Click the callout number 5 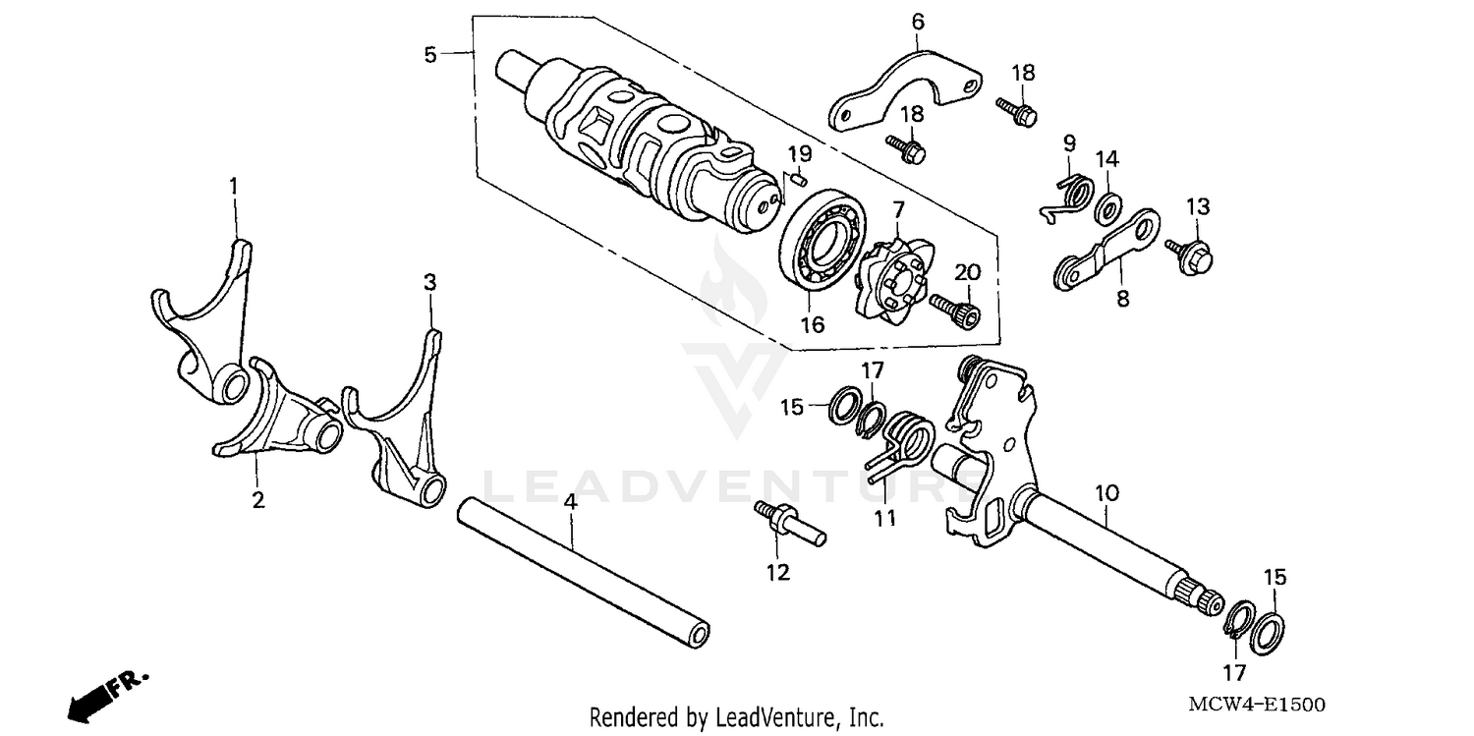tap(429, 54)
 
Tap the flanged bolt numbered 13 tap(1191, 254)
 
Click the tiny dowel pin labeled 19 tap(799, 179)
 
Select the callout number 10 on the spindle tap(1106, 490)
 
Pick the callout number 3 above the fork tap(429, 282)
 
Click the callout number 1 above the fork tap(234, 185)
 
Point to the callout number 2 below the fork tap(257, 500)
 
